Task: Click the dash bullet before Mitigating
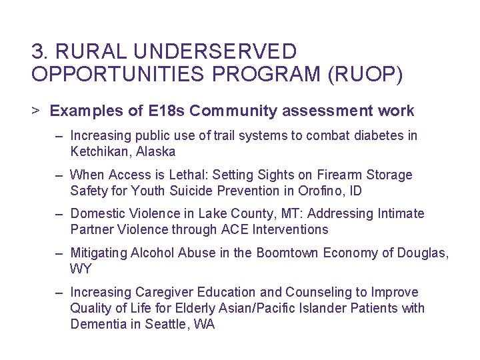coord(59,253)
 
